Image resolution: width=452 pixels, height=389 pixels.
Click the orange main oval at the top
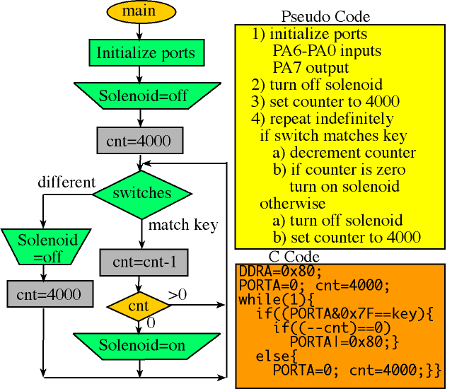[139, 11]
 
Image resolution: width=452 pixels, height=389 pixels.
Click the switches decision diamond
[142, 192]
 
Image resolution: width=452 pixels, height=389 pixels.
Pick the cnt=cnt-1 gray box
[144, 262]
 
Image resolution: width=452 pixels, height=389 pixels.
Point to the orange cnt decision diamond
[139, 306]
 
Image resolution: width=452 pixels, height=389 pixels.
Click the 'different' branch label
[66, 182]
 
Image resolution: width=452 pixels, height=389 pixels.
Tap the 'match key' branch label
[183, 225]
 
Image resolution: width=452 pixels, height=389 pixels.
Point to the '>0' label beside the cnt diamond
[178, 294]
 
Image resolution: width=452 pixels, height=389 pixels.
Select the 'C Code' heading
[294, 257]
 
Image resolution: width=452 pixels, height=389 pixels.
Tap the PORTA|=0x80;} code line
[346, 341]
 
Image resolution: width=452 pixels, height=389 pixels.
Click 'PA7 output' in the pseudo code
[311, 68]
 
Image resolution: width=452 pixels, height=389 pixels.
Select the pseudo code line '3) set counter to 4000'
[325, 101]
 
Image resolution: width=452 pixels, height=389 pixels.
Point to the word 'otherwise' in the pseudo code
[292, 203]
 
